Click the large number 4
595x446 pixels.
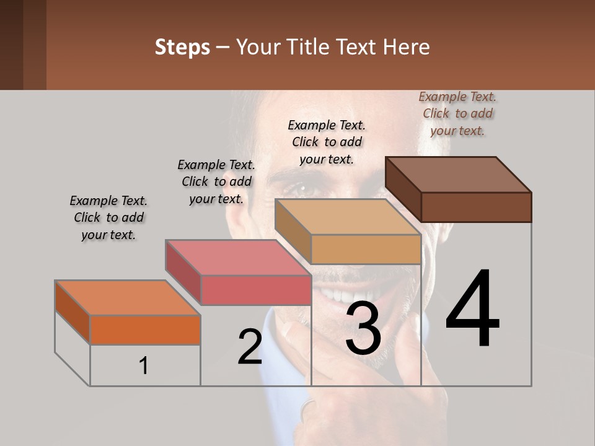click(x=472, y=309)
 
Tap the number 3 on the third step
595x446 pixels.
click(x=363, y=328)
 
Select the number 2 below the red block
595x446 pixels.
click(x=250, y=347)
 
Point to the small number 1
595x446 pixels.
click(x=144, y=366)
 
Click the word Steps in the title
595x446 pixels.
click(x=182, y=47)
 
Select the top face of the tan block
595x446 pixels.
click(x=348, y=217)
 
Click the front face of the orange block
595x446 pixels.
click(x=145, y=330)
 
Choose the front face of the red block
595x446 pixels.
click(x=255, y=290)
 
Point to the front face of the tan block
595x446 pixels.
click(x=366, y=249)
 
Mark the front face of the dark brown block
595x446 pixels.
click(x=476, y=207)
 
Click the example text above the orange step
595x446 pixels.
click(x=108, y=217)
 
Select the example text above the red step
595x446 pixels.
click(x=216, y=181)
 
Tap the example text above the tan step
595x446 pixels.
click(x=327, y=142)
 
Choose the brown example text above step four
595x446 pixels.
click(x=457, y=113)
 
